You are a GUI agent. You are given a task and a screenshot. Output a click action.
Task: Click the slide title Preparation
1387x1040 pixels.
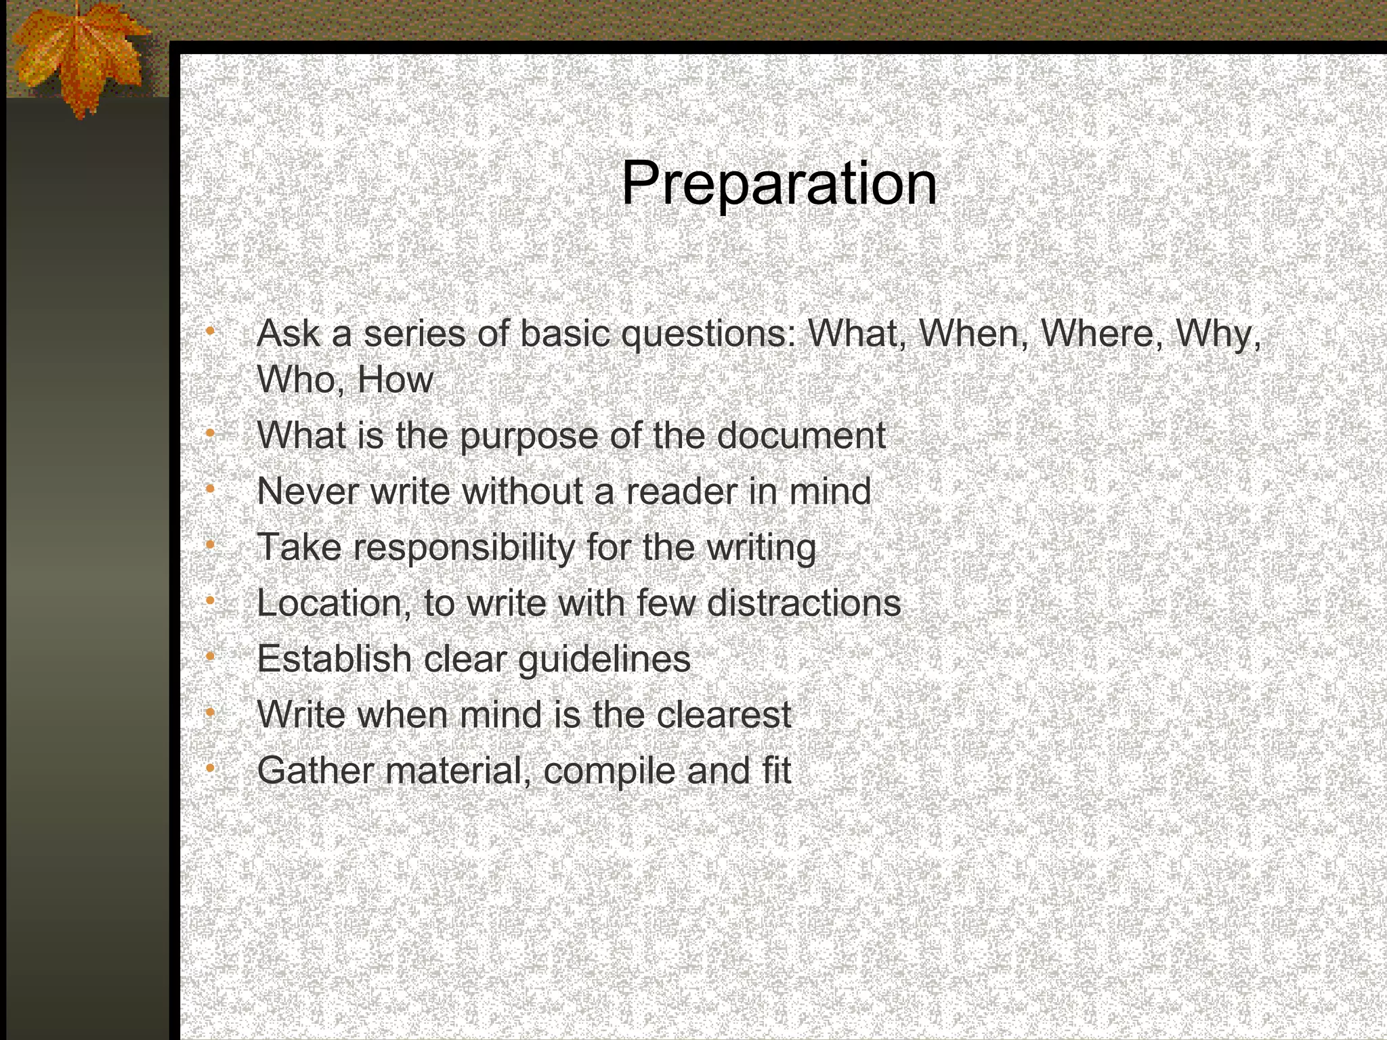(779, 183)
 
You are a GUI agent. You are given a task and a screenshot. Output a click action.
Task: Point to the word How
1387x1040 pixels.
(395, 380)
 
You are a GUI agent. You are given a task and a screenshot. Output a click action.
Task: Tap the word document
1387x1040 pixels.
(801, 435)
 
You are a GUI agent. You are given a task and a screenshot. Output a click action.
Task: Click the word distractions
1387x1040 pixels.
(804, 604)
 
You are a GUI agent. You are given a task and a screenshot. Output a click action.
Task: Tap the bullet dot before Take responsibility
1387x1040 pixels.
(211, 544)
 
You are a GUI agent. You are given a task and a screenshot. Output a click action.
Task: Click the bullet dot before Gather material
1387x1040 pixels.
(211, 767)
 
